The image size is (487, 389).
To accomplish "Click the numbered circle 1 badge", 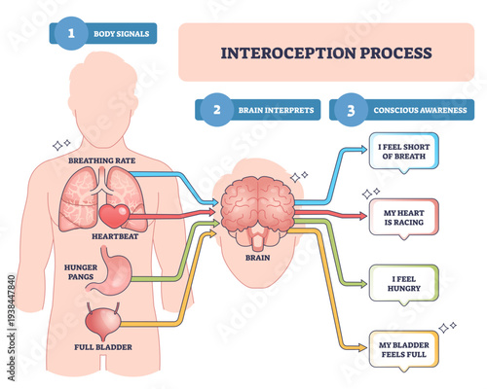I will [71, 35].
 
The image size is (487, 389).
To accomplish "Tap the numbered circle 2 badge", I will [215, 110].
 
